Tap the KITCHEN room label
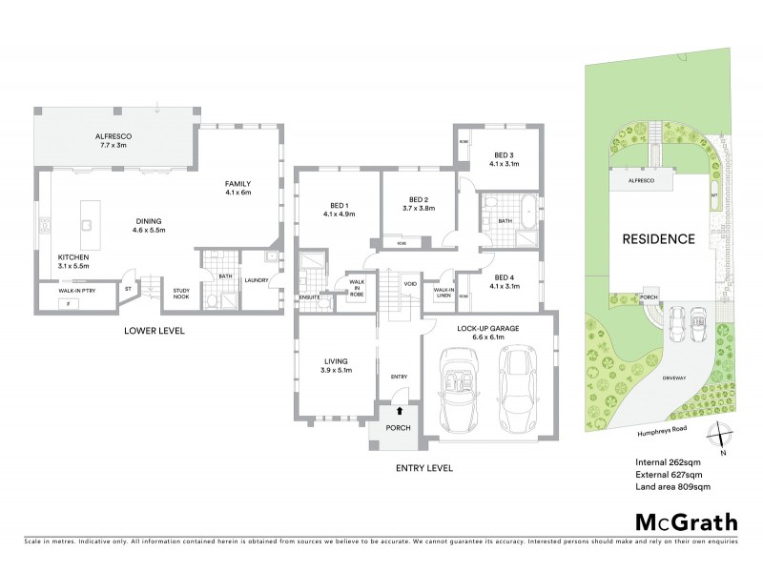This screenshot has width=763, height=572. (73, 257)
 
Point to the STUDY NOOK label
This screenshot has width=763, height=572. (180, 295)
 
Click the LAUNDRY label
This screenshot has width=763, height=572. (256, 280)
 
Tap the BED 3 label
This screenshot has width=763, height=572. (504, 154)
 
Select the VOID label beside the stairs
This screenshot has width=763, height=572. (410, 284)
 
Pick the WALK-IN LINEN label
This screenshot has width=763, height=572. (443, 293)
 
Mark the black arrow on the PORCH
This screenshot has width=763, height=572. (399, 411)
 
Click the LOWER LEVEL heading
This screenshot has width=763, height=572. (154, 331)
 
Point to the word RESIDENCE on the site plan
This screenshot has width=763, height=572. (659, 238)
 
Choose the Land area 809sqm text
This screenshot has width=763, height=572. (672, 487)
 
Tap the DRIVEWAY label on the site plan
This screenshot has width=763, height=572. (680, 378)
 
